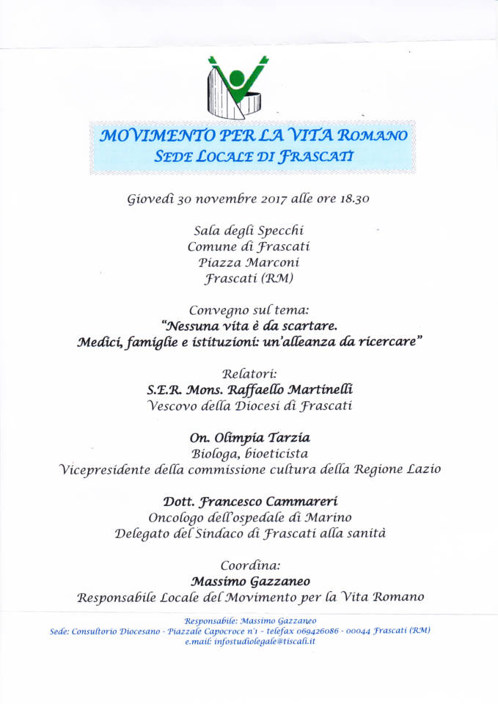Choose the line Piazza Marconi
point(249,263)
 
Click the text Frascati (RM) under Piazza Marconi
point(249,278)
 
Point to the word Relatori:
point(249,373)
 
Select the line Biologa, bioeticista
point(249,453)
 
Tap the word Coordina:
point(249,565)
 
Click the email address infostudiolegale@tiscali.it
point(266,641)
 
